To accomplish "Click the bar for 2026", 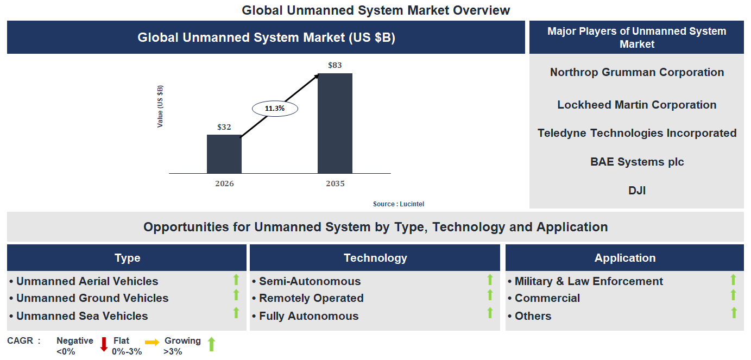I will tap(224, 154).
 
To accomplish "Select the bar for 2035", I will tap(335, 123).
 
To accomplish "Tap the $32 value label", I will tap(224, 127).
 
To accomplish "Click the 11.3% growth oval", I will tap(275, 109).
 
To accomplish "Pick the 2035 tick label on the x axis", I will tap(335, 184).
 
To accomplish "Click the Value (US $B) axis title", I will tap(160, 106).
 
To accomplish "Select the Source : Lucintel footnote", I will tap(399, 204).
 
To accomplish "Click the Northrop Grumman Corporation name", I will tap(636, 72).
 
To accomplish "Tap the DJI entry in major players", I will tap(636, 191).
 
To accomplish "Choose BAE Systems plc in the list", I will tap(636, 162).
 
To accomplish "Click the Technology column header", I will tap(375, 258).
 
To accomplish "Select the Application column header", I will tap(624, 258).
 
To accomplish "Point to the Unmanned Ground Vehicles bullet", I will tap(92, 298).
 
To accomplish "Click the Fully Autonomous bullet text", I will tap(308, 316).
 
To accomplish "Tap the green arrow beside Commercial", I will tap(733, 295).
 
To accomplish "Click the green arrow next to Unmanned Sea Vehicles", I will tap(236, 313).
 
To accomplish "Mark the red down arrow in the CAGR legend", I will tap(104, 344).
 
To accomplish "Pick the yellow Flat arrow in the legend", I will tap(152, 342).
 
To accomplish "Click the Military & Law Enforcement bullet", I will tap(589, 281).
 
